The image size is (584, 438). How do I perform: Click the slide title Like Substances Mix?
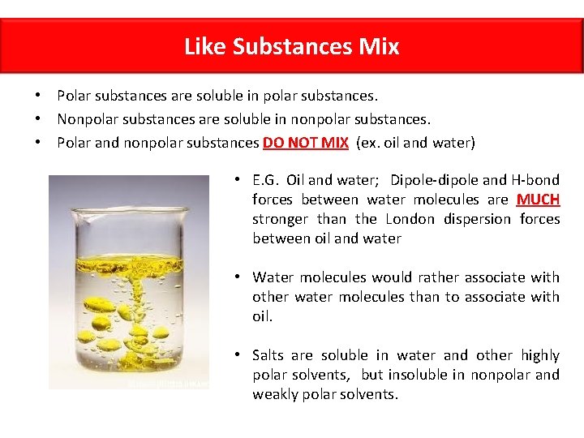pos(291,46)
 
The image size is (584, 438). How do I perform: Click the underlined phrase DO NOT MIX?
pos(306,143)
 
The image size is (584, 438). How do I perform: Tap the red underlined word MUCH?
pos(538,200)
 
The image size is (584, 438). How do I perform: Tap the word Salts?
pos(268,355)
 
